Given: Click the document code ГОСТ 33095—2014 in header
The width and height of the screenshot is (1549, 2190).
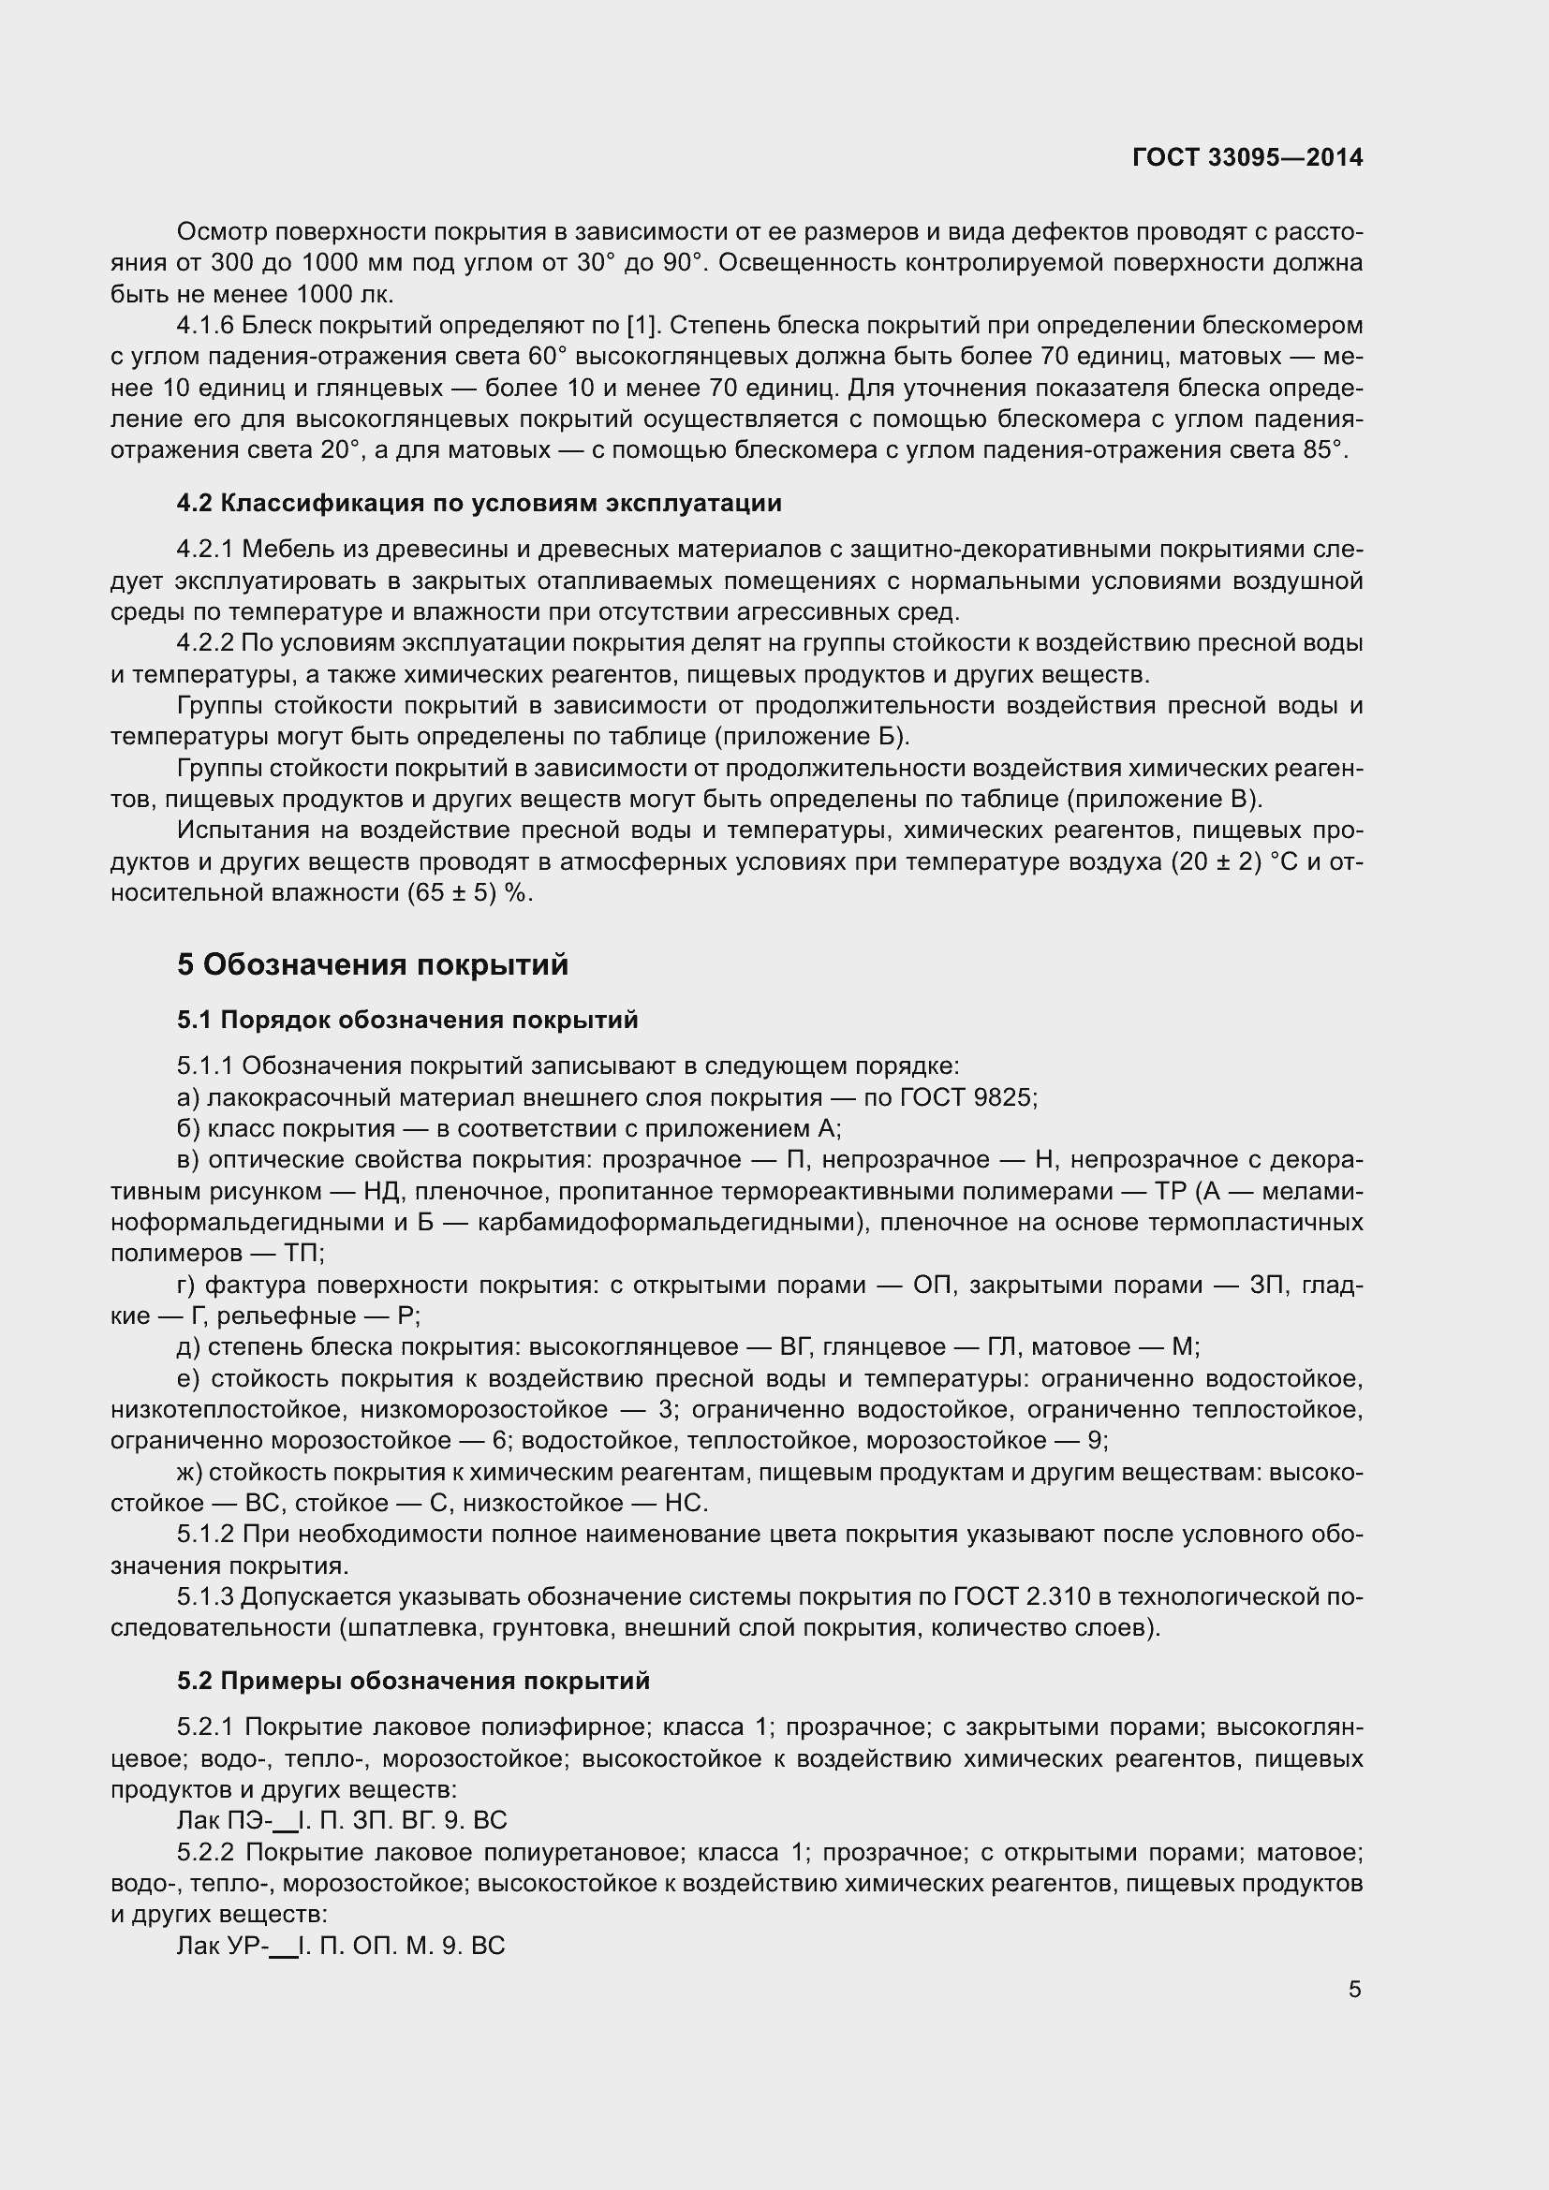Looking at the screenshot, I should [1247, 157].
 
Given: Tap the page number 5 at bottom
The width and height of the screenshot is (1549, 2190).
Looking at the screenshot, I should [1354, 1989].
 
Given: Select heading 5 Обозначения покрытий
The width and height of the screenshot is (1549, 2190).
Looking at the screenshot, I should [372, 965].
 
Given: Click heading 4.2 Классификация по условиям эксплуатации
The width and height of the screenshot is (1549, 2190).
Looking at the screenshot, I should [479, 503].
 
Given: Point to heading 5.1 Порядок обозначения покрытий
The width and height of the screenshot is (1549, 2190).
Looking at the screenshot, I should [407, 1020].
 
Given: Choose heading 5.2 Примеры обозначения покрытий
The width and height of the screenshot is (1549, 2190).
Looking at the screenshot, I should [413, 1681].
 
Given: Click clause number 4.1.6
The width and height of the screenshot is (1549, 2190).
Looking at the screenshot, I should [205, 326].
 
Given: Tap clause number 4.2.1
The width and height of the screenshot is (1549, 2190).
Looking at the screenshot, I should [205, 550].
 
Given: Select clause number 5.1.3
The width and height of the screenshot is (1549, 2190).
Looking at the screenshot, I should [205, 1596].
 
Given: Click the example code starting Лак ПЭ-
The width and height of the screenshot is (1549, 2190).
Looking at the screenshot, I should [342, 1820].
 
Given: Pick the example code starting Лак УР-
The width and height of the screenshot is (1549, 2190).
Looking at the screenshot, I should [341, 1946].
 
